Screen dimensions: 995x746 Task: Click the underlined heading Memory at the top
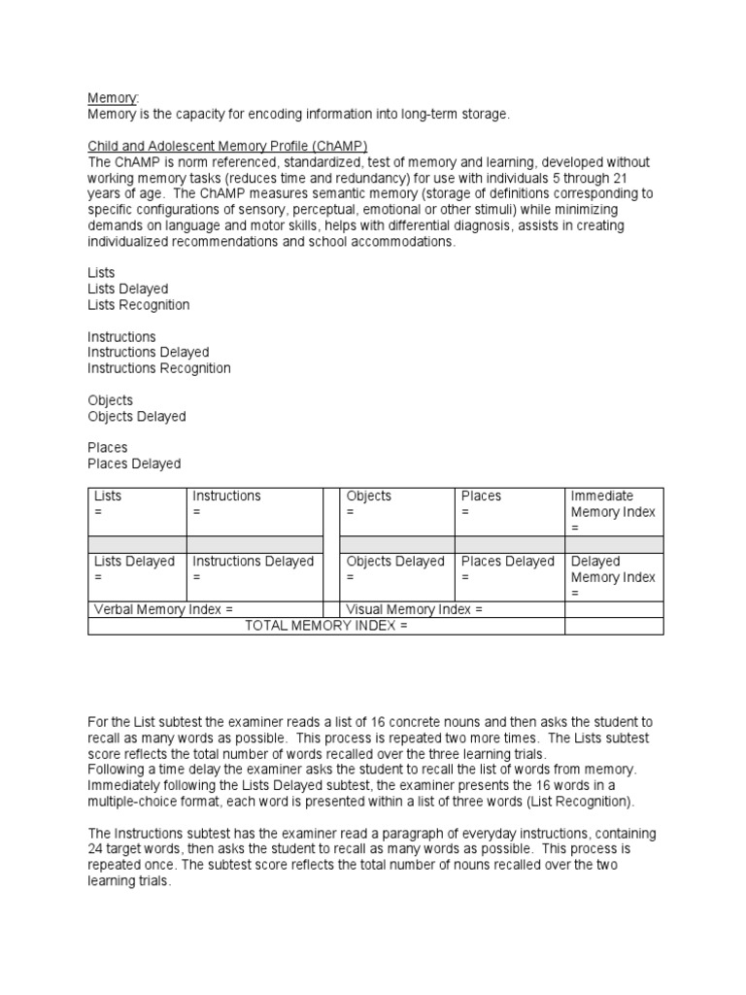[x=113, y=98]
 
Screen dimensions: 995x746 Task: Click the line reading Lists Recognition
[x=138, y=305]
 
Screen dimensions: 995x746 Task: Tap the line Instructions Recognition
[x=159, y=368]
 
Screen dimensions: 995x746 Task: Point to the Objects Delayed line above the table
[x=136, y=416]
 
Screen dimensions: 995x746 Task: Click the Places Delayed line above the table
[x=134, y=463]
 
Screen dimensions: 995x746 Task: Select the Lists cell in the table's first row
[x=136, y=503]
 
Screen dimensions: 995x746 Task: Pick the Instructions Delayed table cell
[x=254, y=568]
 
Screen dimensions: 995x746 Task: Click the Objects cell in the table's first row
[x=396, y=503]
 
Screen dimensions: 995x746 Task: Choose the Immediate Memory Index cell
[x=614, y=511]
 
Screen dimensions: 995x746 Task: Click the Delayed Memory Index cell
[x=614, y=576]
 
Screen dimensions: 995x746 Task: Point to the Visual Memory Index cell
[x=451, y=609]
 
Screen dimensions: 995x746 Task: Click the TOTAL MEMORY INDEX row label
[x=326, y=626]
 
